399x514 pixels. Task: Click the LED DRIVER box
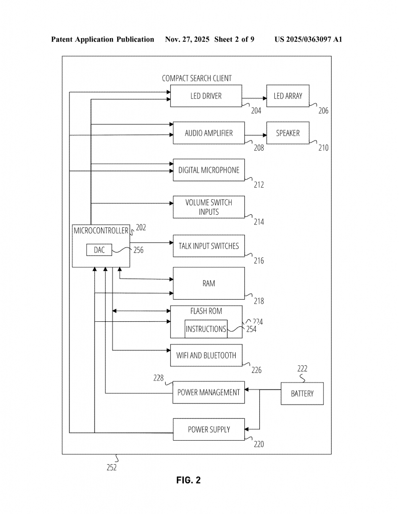tap(206, 96)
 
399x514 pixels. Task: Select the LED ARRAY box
tap(287, 96)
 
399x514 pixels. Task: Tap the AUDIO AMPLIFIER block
tap(209, 133)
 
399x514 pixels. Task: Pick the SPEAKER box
tap(287, 133)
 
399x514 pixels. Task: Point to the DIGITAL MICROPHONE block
tap(209, 170)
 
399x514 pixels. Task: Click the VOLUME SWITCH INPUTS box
tap(209, 207)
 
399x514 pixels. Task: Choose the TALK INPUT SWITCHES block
tap(209, 246)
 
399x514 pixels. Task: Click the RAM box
tap(209, 283)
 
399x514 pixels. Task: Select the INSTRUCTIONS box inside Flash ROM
tap(206, 329)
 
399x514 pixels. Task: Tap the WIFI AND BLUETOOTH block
tap(206, 355)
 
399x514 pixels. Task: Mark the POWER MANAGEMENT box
tap(209, 392)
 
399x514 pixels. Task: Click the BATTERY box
tap(302, 394)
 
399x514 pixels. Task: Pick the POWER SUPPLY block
tap(209, 429)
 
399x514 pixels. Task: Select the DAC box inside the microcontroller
tap(99, 249)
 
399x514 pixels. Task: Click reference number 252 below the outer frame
tap(111, 467)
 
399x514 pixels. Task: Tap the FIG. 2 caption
tap(188, 480)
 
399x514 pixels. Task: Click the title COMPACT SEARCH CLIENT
tap(197, 78)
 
